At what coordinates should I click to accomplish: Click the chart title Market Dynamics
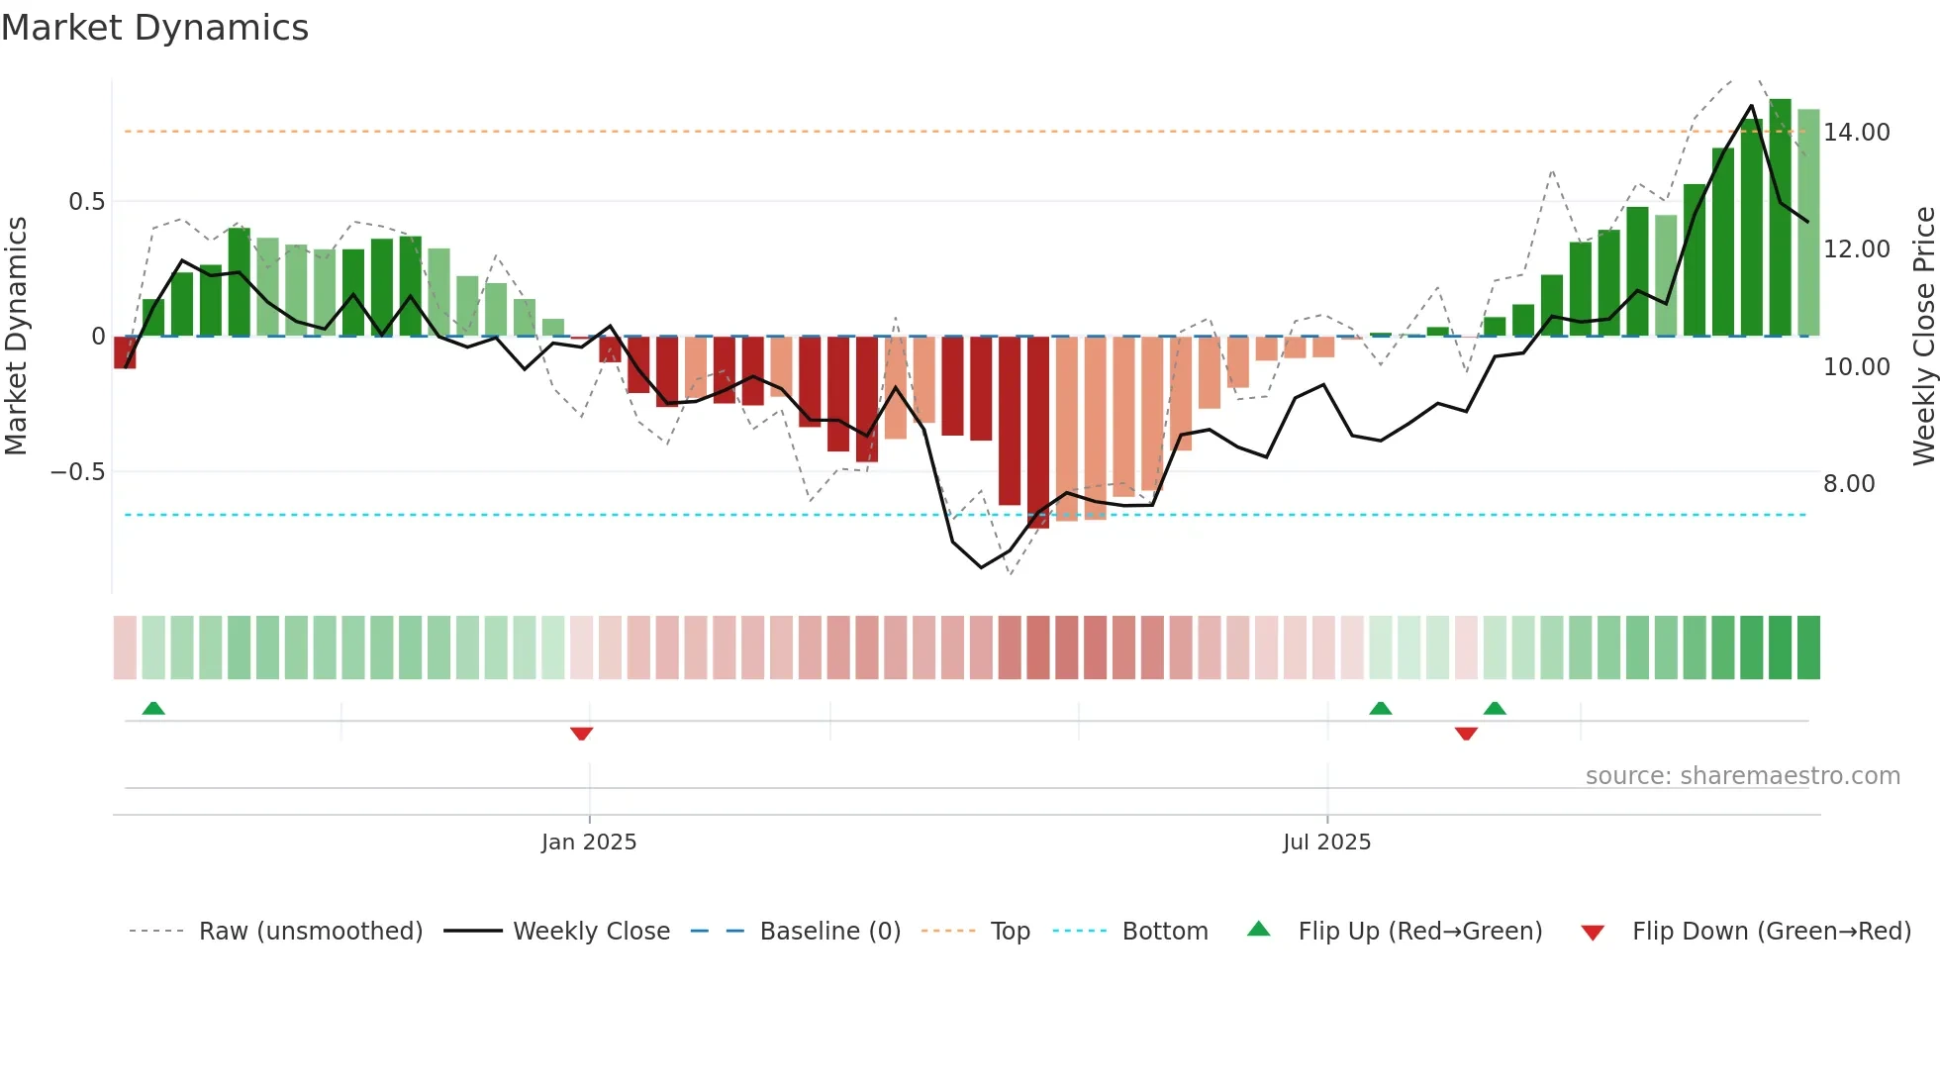(154, 28)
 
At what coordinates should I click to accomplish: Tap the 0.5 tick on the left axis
(86, 202)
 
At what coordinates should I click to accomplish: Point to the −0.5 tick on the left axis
(78, 472)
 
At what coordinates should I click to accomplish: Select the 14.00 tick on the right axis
(1856, 132)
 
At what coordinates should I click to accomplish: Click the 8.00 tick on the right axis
(1848, 483)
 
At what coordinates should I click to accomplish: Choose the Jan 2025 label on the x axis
(589, 843)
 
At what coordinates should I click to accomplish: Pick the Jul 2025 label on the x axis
(1326, 843)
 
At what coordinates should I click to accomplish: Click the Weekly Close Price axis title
(1923, 336)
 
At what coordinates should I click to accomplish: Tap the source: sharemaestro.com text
(1742, 776)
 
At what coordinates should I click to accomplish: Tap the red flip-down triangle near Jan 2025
(581, 734)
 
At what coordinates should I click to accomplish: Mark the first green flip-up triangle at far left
(153, 708)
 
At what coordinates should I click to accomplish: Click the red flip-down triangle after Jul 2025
(1466, 734)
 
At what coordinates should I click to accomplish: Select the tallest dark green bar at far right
(1780, 218)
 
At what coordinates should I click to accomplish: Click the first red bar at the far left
(125, 352)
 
